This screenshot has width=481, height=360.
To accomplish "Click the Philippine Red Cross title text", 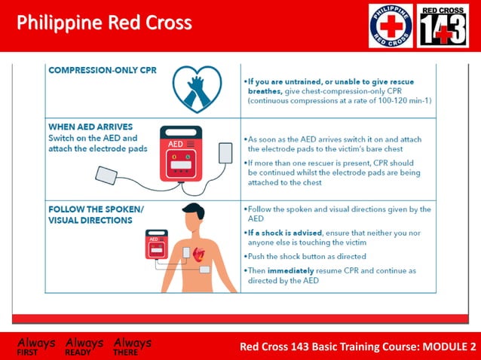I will (104, 23).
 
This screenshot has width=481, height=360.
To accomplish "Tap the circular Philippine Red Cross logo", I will (391, 26).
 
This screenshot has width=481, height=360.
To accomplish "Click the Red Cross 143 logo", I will (443, 26).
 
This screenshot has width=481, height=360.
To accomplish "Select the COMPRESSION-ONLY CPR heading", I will (92, 70).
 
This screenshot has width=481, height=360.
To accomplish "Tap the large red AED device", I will (181, 154).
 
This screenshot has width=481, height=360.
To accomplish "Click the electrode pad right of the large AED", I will (225, 153).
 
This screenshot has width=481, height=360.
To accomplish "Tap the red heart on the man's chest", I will (199, 254).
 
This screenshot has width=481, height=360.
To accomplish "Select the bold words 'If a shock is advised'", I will (281, 232).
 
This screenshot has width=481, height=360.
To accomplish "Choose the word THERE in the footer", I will (126, 352).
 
